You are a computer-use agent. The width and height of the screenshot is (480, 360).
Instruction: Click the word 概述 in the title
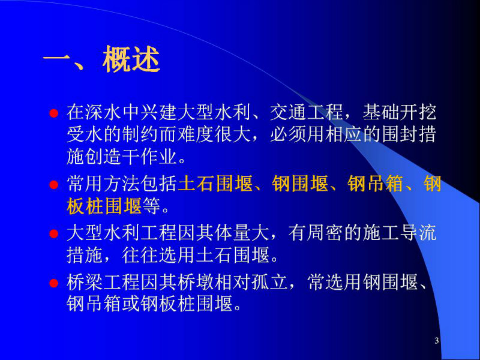tap(131, 59)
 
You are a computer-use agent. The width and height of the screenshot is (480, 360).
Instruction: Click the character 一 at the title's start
tap(56, 59)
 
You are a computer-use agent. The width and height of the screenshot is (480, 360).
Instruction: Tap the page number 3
tap(437, 340)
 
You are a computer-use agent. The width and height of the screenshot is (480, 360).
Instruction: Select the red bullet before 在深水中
tap(54, 113)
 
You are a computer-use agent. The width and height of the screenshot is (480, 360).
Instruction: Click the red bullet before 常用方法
tap(54, 185)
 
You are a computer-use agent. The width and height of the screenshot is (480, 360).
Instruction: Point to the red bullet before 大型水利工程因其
tap(54, 234)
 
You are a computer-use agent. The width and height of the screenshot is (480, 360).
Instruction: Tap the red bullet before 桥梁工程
tap(54, 283)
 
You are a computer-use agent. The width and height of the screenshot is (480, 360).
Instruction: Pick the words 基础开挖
tap(399, 112)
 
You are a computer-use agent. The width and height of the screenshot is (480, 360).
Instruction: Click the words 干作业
tap(149, 157)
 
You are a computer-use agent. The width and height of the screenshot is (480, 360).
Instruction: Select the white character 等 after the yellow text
tap(151, 206)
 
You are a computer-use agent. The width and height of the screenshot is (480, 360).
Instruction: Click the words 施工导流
tap(399, 233)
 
